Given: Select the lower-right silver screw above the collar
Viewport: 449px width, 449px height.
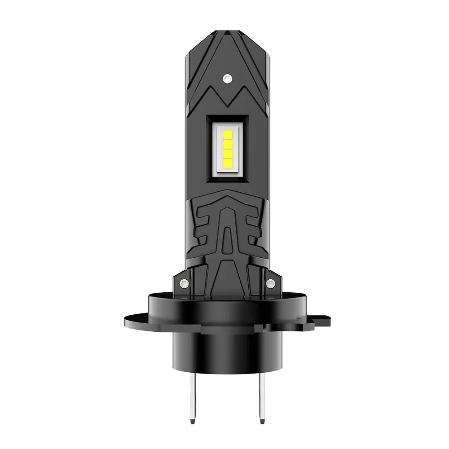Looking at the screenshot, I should pyautogui.click(x=271, y=283).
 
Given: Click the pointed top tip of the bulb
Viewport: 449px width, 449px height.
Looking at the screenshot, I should pyautogui.click(x=226, y=32).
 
